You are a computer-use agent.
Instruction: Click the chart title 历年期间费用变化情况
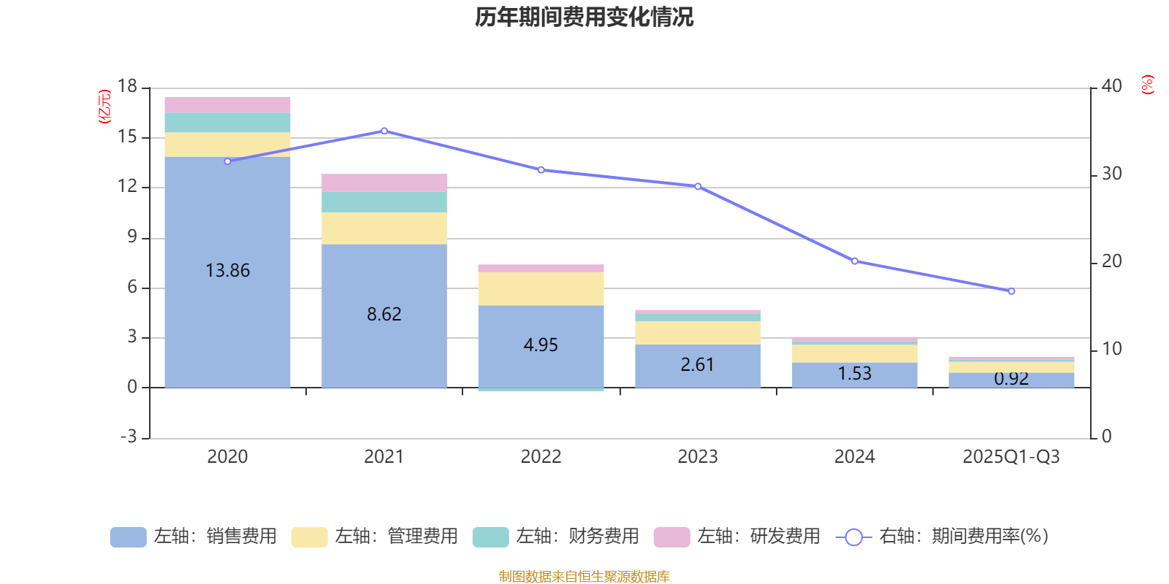point(584,17)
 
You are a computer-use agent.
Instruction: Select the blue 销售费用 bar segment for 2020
point(227,307)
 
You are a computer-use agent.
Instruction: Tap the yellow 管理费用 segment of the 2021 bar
point(384,228)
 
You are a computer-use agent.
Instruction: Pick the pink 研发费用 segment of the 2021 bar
point(384,182)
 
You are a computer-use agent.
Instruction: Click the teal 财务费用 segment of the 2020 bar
point(227,122)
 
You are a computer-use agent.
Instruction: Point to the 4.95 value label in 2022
point(541,345)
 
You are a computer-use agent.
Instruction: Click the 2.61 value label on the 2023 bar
point(698,364)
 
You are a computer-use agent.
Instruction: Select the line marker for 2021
point(384,131)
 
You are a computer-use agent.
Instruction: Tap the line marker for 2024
point(855,261)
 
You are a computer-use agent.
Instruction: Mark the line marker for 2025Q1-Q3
point(1012,291)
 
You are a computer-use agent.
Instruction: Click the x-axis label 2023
point(698,457)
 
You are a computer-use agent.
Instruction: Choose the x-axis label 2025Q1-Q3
point(1011,457)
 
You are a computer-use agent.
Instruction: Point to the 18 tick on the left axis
point(128,86)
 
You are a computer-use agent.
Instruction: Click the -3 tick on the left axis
point(128,437)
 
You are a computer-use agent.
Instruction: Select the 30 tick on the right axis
point(1112,174)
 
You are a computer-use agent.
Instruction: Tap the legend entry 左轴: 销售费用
point(194,537)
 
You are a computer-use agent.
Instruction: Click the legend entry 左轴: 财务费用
point(556,537)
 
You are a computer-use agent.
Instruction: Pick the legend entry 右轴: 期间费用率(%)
point(943,537)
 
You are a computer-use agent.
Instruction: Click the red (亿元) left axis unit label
point(104,107)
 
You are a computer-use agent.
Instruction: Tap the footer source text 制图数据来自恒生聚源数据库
point(584,577)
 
